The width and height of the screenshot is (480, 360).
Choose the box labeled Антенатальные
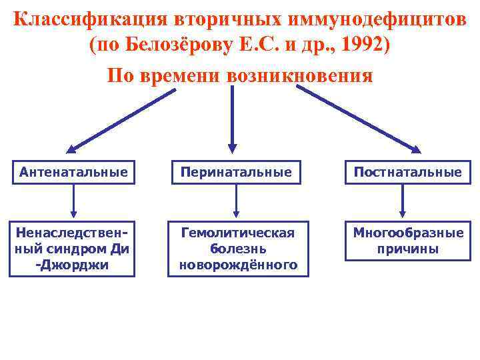click(x=73, y=173)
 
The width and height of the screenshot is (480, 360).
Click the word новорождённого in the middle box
click(x=239, y=265)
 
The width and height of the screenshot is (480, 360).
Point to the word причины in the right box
click(x=407, y=249)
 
